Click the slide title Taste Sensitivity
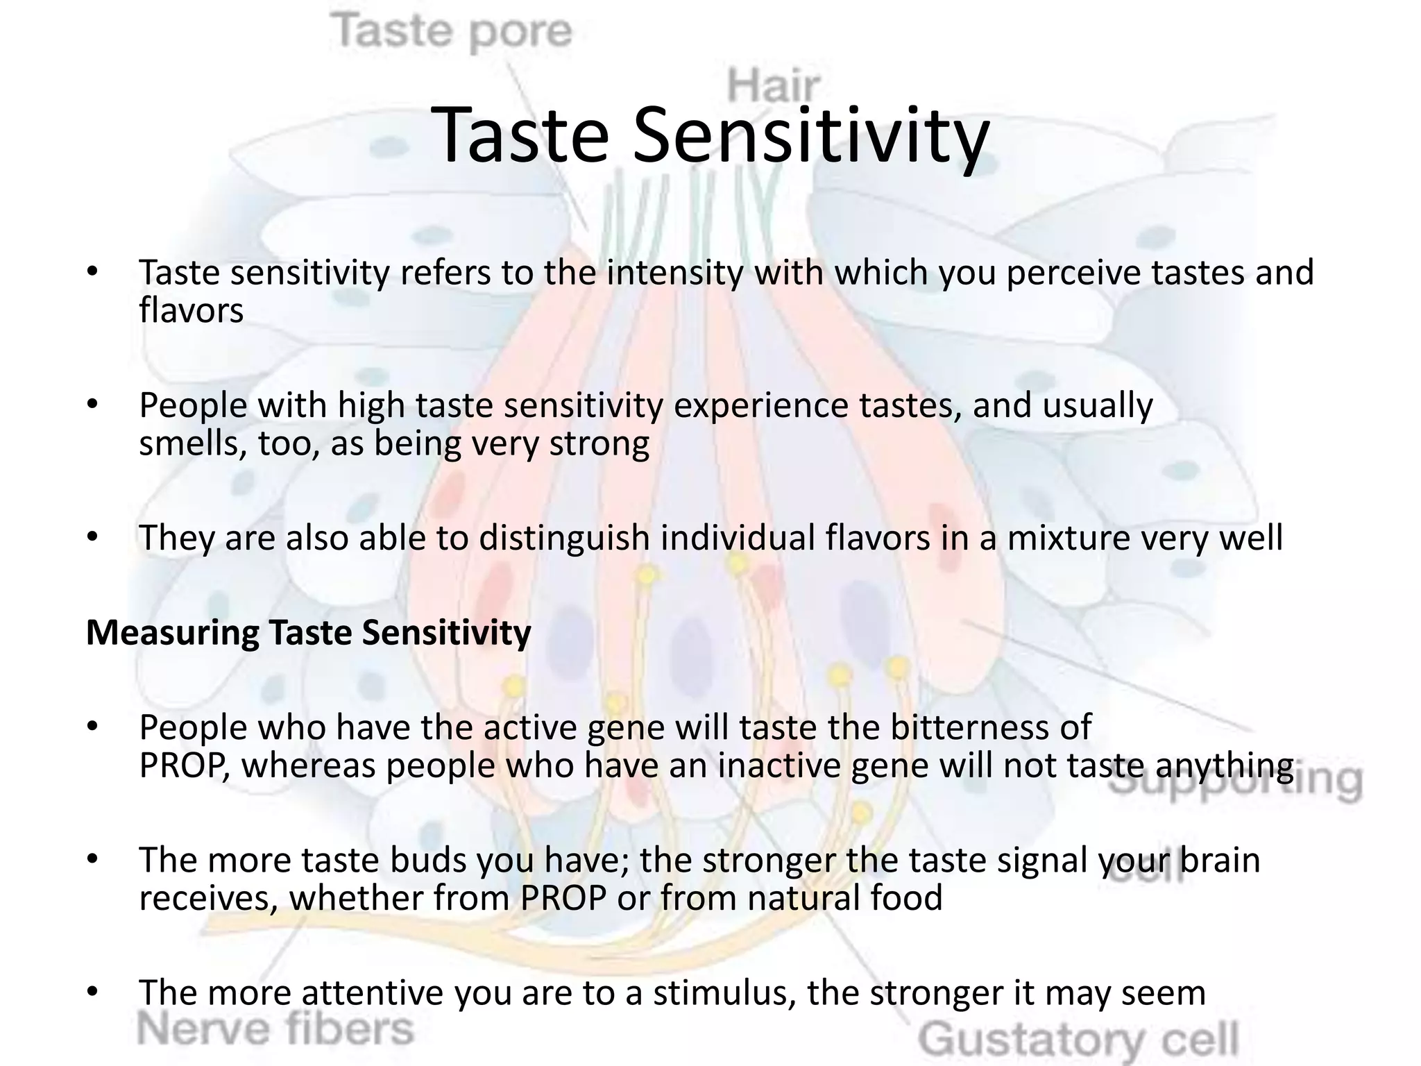click(x=710, y=135)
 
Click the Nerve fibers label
click(x=275, y=1028)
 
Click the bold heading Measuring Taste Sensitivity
click(x=309, y=632)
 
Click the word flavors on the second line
click(x=192, y=310)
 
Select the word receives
click(x=208, y=898)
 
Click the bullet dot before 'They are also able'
click(x=93, y=537)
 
